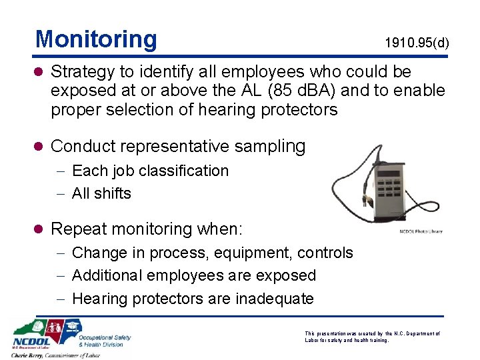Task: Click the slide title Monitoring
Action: coord(96,39)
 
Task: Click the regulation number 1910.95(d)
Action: coord(417,43)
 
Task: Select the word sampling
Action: coord(273,145)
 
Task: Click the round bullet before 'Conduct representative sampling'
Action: coord(41,146)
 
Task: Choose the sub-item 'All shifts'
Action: coord(101,193)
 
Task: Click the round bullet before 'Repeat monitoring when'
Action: coord(41,229)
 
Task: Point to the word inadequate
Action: coord(274,298)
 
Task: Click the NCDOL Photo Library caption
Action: coord(420,231)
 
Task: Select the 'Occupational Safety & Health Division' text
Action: coord(105,341)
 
